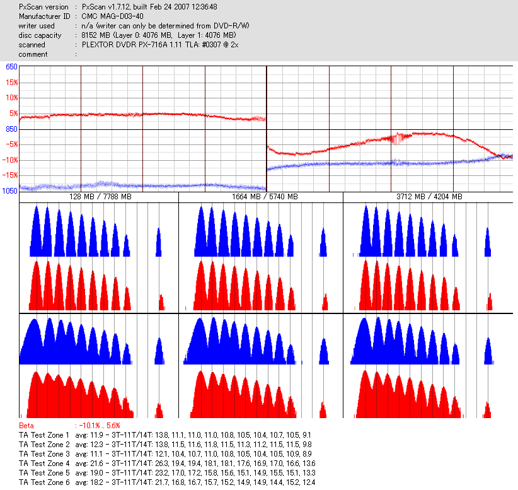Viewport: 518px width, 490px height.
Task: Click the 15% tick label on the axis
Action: [12, 82]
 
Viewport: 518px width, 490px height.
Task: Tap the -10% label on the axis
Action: [10, 160]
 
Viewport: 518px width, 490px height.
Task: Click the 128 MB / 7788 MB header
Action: [100, 197]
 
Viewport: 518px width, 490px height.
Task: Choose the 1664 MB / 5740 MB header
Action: [261, 197]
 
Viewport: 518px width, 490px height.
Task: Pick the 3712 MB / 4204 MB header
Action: [427, 197]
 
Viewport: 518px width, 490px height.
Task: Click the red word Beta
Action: [26, 426]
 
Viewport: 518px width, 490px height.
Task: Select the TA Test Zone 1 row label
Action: [44, 435]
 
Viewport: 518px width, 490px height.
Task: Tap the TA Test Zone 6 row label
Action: [44, 482]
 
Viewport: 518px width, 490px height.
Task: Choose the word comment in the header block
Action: [33, 54]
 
